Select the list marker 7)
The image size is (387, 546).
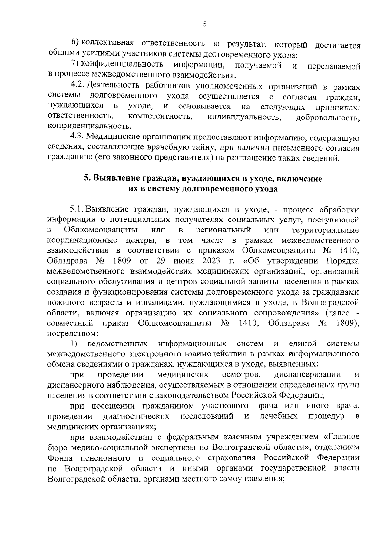pos(75,64)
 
